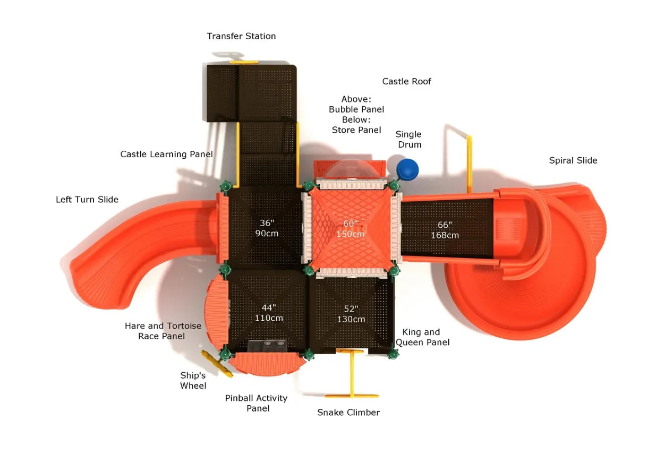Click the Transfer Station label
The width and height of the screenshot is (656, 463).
point(241,36)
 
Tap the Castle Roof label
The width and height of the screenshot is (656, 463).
point(406,81)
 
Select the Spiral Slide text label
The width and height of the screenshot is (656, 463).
point(573,160)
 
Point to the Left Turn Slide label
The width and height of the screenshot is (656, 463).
point(87,200)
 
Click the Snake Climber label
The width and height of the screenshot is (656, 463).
point(348,413)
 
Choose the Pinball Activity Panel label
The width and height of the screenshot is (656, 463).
point(256,403)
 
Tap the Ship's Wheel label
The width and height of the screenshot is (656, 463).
point(193,381)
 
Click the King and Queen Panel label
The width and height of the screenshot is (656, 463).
point(422,337)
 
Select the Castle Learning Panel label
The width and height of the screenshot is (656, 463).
point(166,155)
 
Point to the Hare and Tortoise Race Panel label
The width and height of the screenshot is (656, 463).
point(163,331)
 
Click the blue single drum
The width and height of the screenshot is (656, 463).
point(407,169)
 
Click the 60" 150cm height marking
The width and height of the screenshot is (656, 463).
point(350,229)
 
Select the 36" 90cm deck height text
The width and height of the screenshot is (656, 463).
point(266,228)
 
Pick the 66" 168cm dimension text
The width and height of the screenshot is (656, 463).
point(445,230)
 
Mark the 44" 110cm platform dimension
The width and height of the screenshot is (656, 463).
point(269,313)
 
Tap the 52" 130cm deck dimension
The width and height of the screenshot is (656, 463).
point(351,314)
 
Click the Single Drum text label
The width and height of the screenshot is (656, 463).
point(408,139)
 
